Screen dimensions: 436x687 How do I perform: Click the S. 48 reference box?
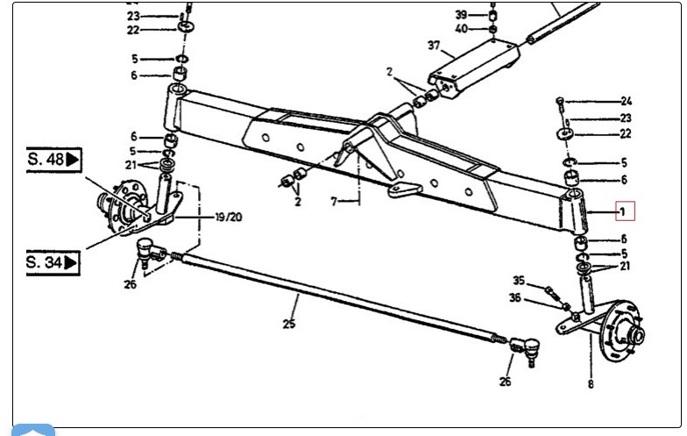pyautogui.click(x=53, y=160)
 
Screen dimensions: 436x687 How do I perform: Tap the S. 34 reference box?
pyautogui.click(x=53, y=261)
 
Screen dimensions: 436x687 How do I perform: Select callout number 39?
pyautogui.click(x=462, y=14)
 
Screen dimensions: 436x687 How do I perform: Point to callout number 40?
pyautogui.click(x=462, y=29)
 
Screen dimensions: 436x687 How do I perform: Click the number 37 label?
pyautogui.click(x=433, y=46)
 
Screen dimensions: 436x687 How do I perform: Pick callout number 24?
pyautogui.click(x=627, y=101)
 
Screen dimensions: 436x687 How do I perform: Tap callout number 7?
pyautogui.click(x=334, y=202)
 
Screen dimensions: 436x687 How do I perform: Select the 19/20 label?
pyautogui.click(x=230, y=217)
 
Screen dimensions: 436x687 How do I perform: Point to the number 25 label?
pyautogui.click(x=289, y=325)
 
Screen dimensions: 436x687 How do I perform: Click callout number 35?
pyautogui.click(x=519, y=281)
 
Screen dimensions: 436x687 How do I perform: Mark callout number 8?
pyautogui.click(x=591, y=383)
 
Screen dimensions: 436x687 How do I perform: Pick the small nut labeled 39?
pyautogui.click(x=493, y=15)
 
